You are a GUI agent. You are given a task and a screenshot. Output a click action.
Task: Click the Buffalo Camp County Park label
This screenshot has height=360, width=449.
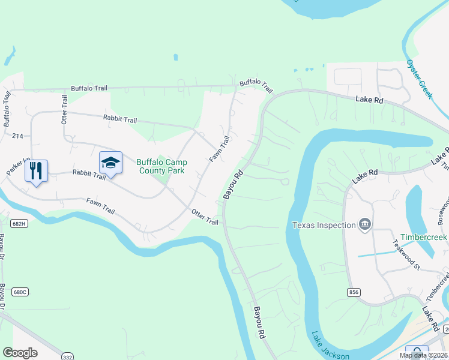pyautogui.click(x=161, y=166)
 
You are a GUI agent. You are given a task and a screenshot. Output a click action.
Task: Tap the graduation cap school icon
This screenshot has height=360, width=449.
pyautogui.click(x=111, y=163)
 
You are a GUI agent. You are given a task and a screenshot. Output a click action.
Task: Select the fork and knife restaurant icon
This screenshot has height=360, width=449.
pyautogui.click(x=36, y=171)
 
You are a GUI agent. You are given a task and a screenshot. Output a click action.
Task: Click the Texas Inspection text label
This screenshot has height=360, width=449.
pyautogui.click(x=324, y=225)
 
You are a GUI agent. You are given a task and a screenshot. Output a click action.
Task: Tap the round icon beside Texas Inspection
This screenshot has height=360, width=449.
pyautogui.click(x=364, y=225)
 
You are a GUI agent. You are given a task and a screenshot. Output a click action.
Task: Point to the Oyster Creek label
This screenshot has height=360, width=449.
pyautogui.click(x=418, y=79)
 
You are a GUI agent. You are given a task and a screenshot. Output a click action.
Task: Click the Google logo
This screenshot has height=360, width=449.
pyautogui.click(x=20, y=353)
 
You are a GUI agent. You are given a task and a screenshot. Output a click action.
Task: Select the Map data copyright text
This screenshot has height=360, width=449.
pyautogui.click(x=423, y=355)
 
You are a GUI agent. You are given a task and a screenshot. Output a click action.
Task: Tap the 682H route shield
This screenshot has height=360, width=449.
pyautogui.click(x=19, y=224)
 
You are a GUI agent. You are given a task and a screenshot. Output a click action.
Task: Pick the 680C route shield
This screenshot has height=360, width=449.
pyautogui.click(x=20, y=275)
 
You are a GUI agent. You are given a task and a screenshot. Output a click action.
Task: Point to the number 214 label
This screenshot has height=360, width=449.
pyautogui.click(x=17, y=136)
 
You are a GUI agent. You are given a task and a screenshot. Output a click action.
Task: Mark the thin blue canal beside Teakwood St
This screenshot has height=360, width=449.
pyautogui.click(x=378, y=253)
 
